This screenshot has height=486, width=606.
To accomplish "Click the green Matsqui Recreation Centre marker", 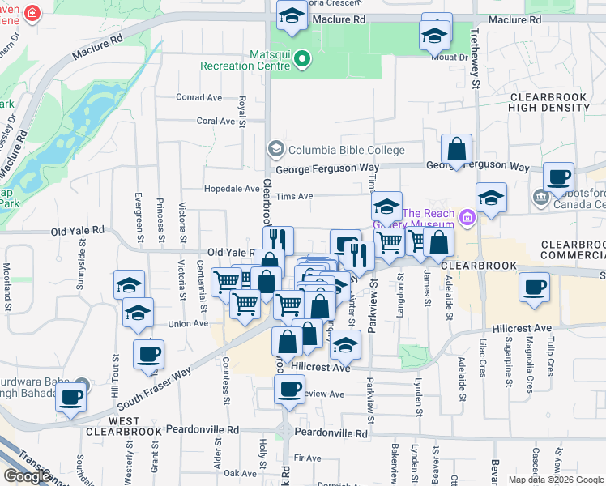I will (x=302, y=58).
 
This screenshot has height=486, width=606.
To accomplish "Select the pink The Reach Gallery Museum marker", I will (x=466, y=217).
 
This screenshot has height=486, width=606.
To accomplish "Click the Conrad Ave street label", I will (x=198, y=97).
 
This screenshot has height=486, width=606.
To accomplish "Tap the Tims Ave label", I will (x=294, y=196).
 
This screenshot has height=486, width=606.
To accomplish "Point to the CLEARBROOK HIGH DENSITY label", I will (x=548, y=102).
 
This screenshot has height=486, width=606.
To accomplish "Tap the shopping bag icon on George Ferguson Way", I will (x=457, y=149).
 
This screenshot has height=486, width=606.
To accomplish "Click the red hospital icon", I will (x=32, y=14).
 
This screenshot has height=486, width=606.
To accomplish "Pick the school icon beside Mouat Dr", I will (x=434, y=36).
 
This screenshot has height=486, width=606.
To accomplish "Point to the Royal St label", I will (x=242, y=112).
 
